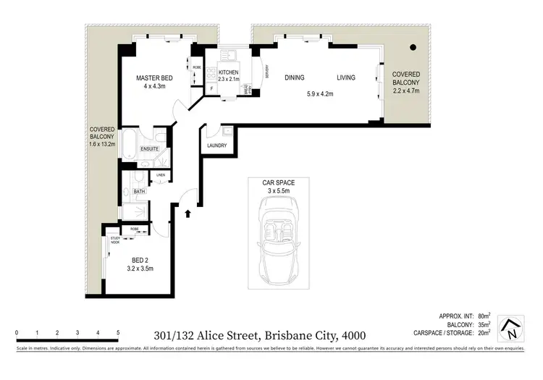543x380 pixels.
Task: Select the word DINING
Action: click(x=294, y=78)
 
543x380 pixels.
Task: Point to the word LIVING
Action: click(x=345, y=78)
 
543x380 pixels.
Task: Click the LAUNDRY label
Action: click(x=216, y=145)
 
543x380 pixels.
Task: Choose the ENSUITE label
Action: click(x=150, y=149)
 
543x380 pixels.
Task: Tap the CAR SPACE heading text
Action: click(x=278, y=182)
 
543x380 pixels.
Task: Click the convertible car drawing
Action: click(x=278, y=242)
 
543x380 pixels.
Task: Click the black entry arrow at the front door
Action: click(x=188, y=214)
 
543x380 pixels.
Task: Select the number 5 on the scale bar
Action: click(x=117, y=333)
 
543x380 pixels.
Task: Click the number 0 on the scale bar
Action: click(x=16, y=333)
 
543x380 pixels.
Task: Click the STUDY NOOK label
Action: click(x=114, y=240)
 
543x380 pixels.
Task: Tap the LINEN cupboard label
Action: click(x=160, y=175)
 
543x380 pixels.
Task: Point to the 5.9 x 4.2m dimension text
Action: click(x=319, y=93)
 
